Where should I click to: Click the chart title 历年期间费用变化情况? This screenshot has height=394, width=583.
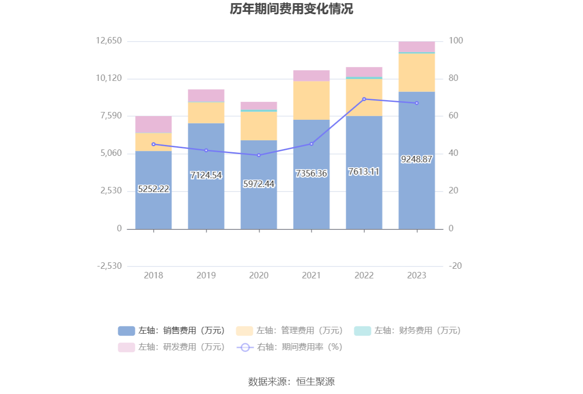[x=291, y=9]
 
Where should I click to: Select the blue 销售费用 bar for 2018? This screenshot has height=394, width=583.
[x=154, y=190]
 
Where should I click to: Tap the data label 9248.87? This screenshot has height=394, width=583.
[x=417, y=159]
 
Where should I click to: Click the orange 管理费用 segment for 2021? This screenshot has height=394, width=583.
[x=311, y=101]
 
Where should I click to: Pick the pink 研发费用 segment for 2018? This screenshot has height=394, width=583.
[x=154, y=124]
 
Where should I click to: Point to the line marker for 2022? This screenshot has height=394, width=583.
[x=364, y=99]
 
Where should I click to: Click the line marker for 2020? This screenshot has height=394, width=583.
[x=259, y=155]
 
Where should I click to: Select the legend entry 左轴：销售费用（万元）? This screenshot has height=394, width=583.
[x=171, y=330]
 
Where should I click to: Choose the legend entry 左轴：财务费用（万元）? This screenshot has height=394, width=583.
[x=407, y=330]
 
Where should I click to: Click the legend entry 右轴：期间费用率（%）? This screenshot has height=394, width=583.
[x=289, y=347]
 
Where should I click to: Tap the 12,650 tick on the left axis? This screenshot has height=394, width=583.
[x=109, y=41]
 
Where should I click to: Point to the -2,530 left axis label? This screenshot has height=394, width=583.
[x=109, y=266]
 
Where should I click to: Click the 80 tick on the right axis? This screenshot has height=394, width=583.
[x=454, y=78]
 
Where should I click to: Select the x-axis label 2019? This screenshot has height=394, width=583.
[x=206, y=275]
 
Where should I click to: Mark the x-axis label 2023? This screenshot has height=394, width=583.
[x=417, y=275]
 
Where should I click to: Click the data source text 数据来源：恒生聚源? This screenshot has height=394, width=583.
[x=291, y=382]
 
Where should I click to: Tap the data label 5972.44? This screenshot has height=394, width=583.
[x=259, y=184]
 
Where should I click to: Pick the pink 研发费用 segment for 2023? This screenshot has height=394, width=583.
[x=417, y=47]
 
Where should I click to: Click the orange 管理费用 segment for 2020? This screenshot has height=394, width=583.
[x=259, y=126]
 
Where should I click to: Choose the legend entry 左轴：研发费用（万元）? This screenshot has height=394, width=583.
[x=171, y=347]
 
